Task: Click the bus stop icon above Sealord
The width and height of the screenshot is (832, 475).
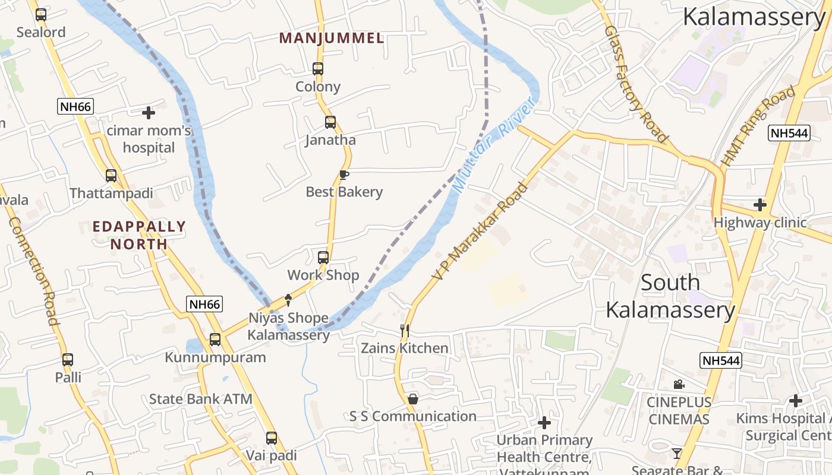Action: point(41,15)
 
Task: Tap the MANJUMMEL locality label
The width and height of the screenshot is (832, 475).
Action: point(332,39)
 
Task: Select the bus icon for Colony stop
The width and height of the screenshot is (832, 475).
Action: point(318,69)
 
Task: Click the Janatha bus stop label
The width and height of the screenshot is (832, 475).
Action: point(330,140)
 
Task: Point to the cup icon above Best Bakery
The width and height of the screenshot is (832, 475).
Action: point(343,175)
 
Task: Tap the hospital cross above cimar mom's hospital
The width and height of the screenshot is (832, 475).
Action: point(149,112)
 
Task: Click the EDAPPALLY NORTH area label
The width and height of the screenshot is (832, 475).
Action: point(139,235)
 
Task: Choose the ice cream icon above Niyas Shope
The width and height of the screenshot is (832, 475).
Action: point(289,300)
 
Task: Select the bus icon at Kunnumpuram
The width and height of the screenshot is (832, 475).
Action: point(215,340)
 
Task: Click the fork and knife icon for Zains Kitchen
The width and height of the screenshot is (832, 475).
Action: point(405,330)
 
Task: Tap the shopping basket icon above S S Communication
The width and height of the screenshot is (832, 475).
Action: point(412,399)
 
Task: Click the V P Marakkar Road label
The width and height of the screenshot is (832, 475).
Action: point(480,232)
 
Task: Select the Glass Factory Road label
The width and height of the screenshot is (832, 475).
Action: point(636,83)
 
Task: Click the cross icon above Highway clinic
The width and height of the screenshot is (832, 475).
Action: point(760,205)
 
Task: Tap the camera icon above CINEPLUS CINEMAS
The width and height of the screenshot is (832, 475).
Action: point(679,385)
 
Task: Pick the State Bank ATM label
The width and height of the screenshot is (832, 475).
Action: point(200,399)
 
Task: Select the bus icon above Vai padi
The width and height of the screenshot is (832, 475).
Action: point(272,438)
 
